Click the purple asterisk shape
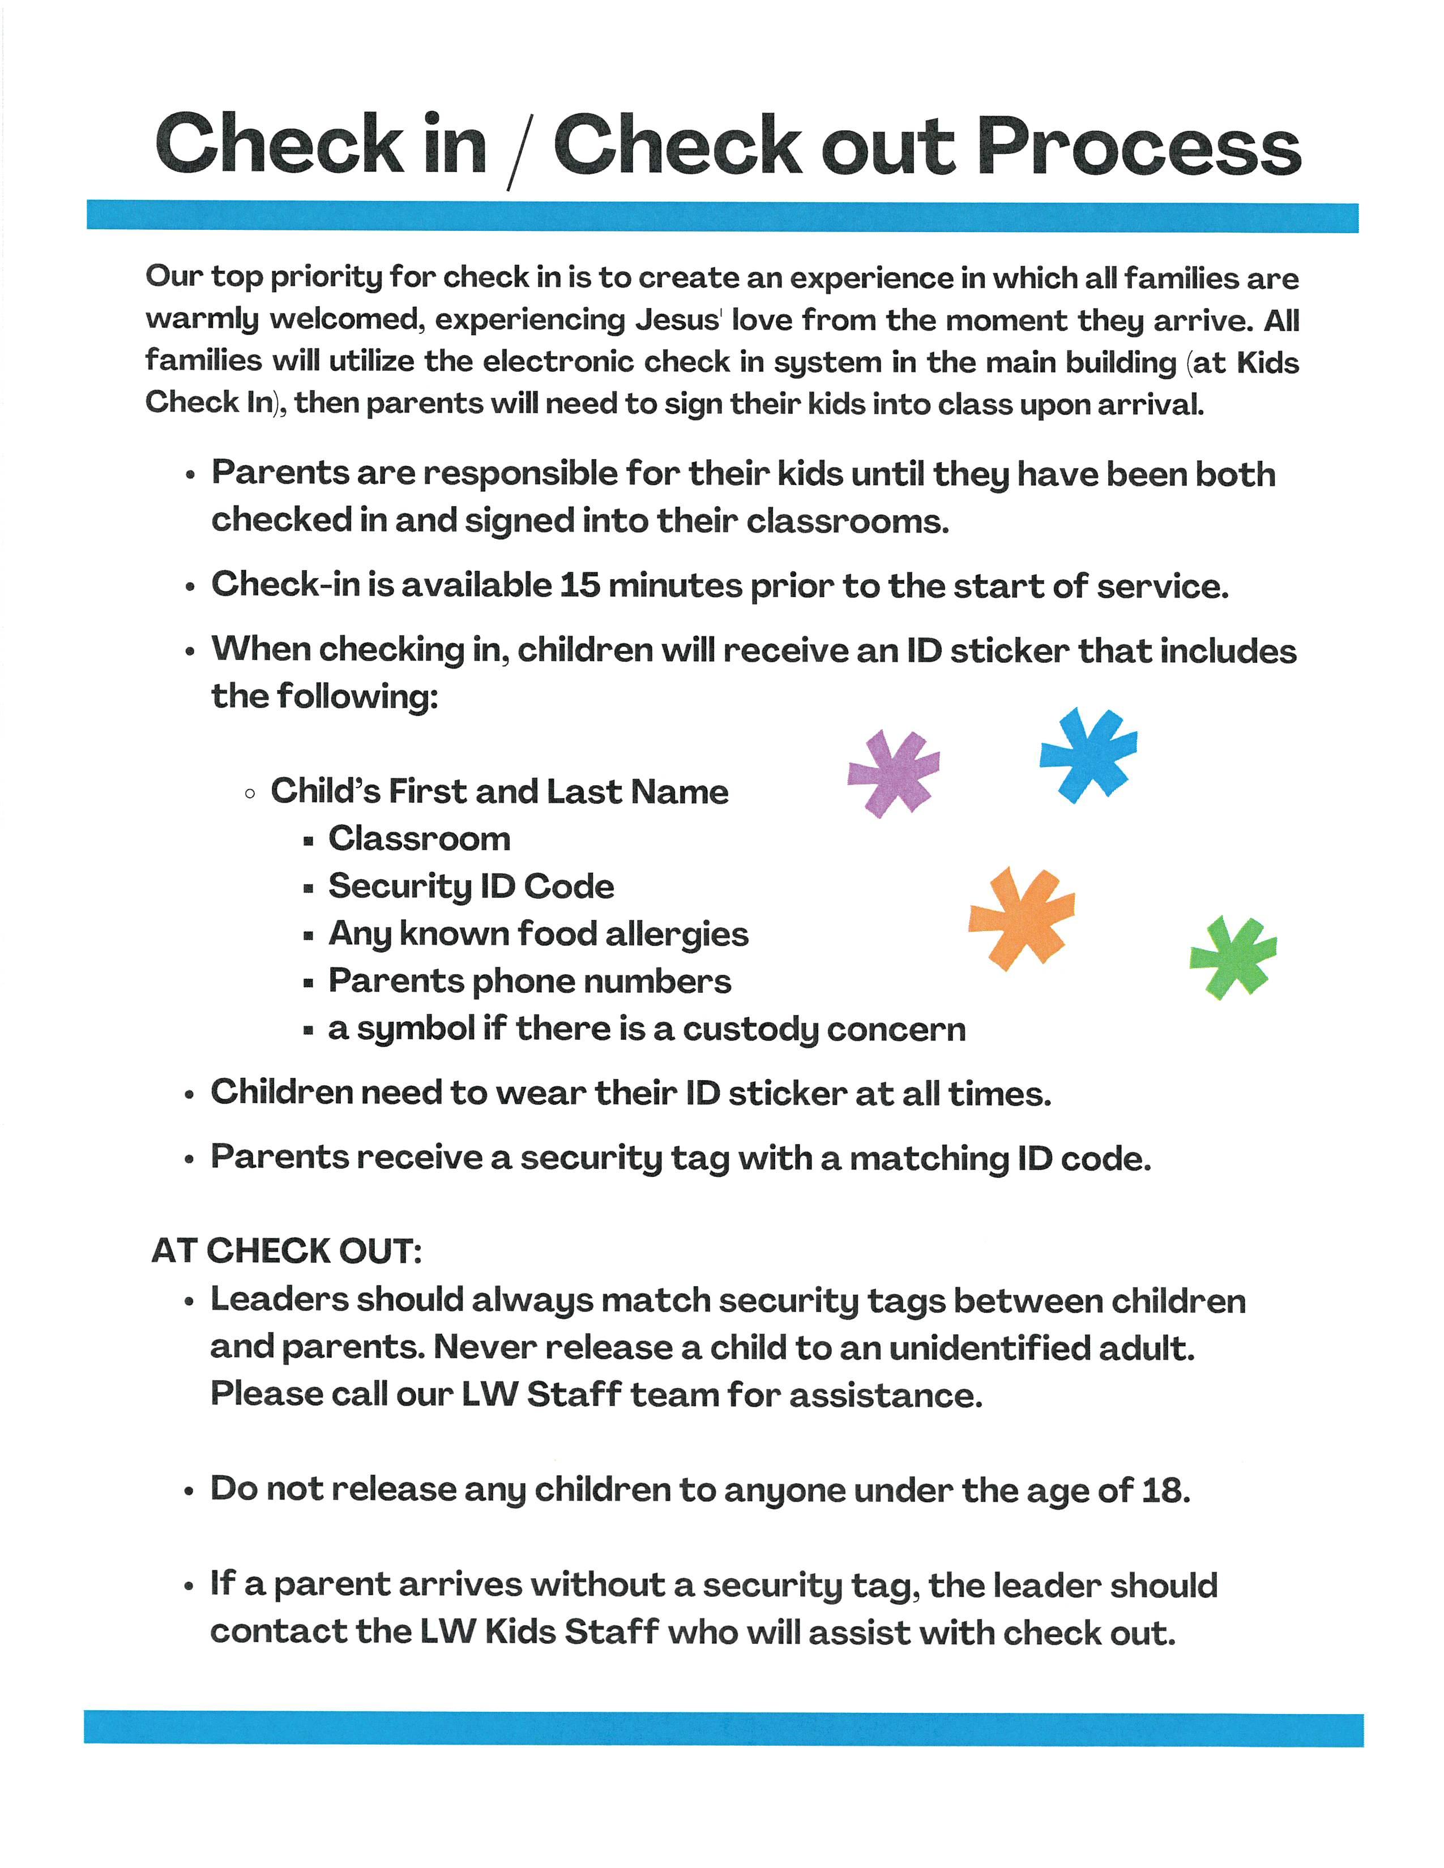click(893, 772)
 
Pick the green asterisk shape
click(1233, 956)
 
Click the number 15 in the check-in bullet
click(579, 586)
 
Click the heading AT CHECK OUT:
click(287, 1250)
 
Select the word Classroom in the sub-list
click(419, 839)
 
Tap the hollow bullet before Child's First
click(250, 794)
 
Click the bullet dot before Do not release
click(189, 1492)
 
